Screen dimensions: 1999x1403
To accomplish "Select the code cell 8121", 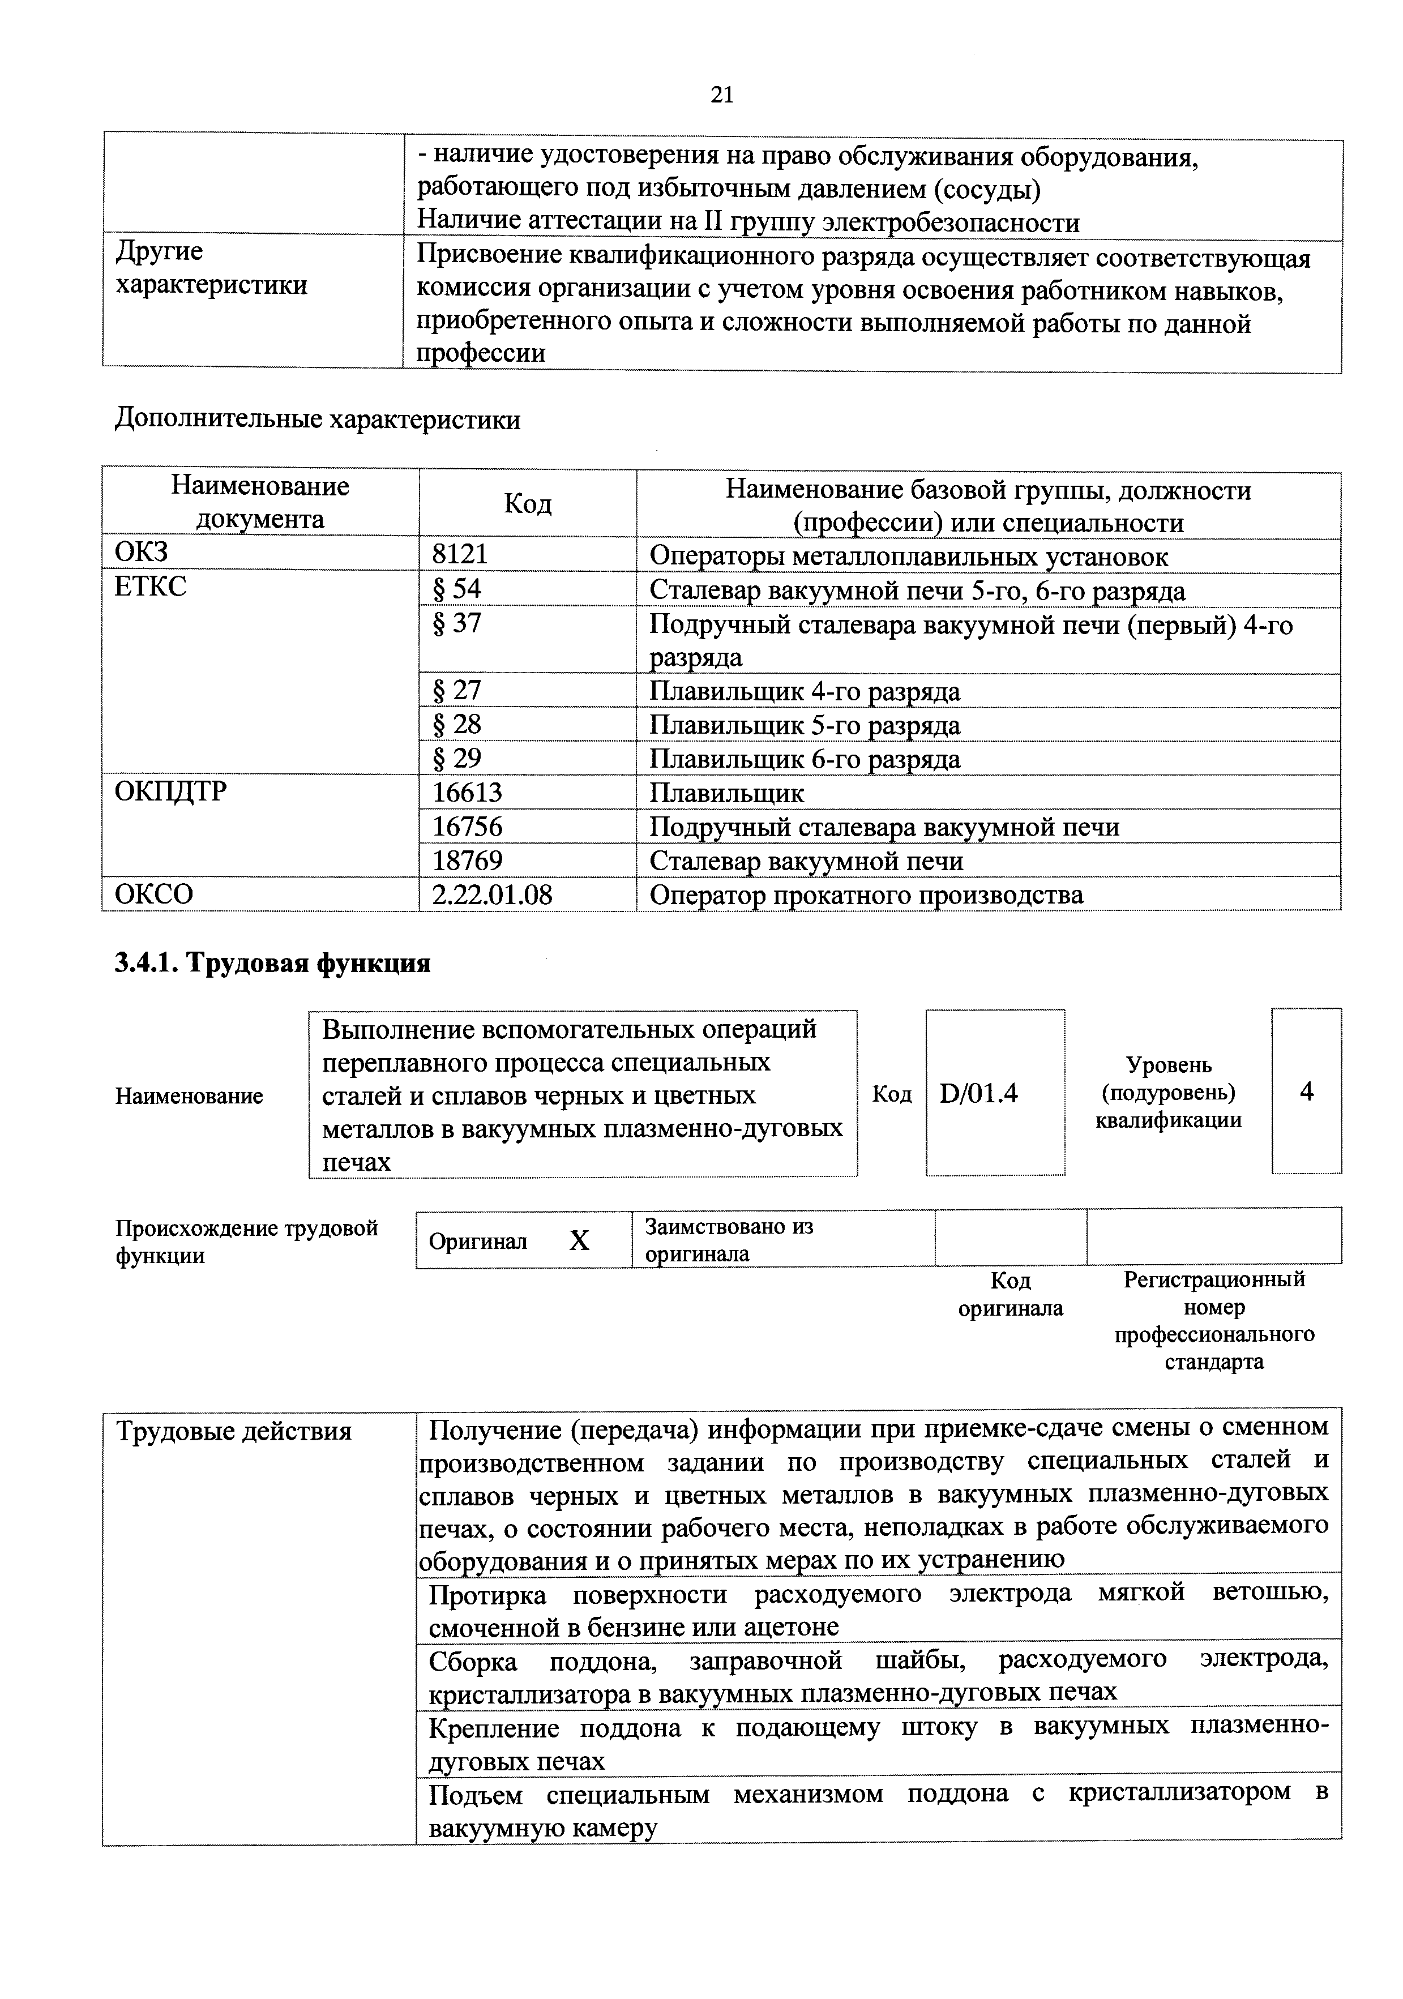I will [x=460, y=555].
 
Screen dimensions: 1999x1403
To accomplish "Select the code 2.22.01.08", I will [x=492, y=894].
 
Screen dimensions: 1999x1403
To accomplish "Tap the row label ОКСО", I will [x=154, y=894].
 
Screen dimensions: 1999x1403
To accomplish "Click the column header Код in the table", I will [x=527, y=504].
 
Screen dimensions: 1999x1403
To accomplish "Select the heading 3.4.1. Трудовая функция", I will [x=272, y=963].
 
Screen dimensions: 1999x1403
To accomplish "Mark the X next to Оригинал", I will [x=579, y=1240].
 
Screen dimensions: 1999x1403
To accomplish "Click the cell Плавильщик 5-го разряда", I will [x=805, y=725].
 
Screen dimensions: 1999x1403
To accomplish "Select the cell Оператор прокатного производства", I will [x=866, y=894].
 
